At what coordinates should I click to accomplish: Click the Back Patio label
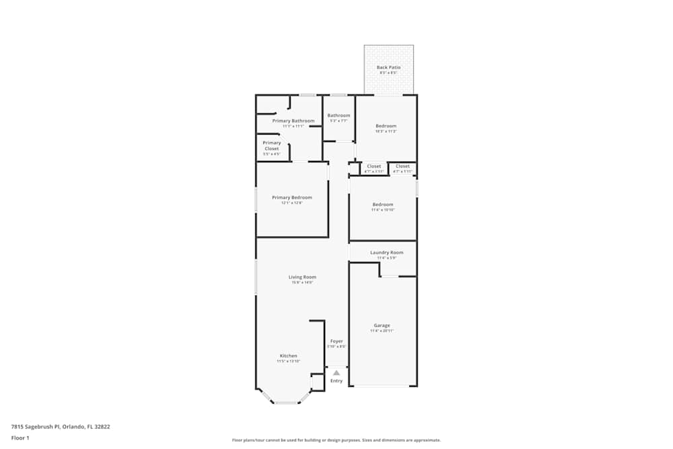click(388, 67)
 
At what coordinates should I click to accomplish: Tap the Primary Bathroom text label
click(293, 120)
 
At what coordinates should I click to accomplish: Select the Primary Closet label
click(272, 145)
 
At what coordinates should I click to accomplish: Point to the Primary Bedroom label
click(292, 197)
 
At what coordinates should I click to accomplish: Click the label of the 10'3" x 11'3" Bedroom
click(386, 126)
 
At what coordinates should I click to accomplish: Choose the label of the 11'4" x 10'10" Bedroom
click(382, 204)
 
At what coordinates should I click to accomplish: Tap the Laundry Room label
click(387, 252)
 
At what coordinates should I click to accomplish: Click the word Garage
click(382, 325)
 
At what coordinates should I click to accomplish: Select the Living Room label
click(302, 277)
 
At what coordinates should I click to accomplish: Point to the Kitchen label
click(289, 355)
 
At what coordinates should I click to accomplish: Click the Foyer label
click(336, 341)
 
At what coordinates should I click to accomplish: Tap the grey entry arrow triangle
click(336, 372)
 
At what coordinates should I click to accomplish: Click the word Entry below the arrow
click(336, 381)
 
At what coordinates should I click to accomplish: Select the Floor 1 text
click(20, 438)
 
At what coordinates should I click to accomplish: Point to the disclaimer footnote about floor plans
click(336, 440)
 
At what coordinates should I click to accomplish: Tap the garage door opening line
click(382, 386)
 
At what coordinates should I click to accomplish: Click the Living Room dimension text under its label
click(302, 283)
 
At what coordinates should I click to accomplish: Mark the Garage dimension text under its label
click(382, 331)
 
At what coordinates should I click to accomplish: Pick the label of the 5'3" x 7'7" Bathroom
click(339, 115)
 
